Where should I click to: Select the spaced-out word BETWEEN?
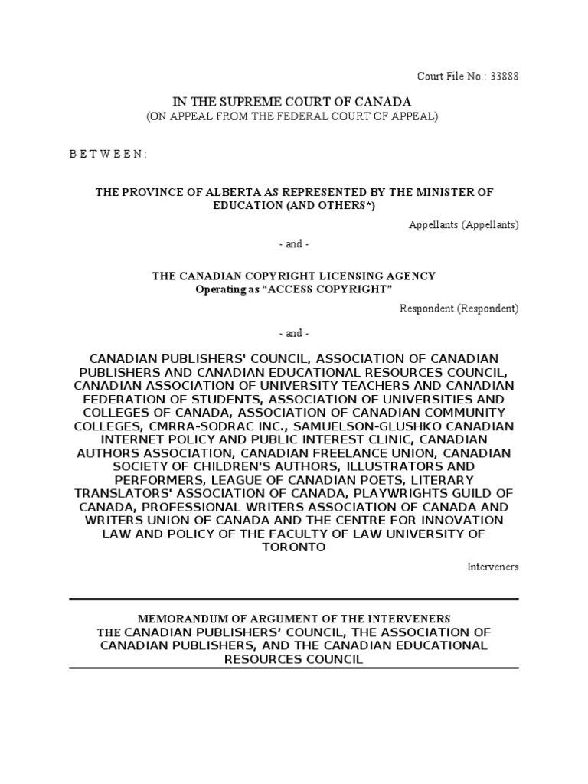click(x=108, y=153)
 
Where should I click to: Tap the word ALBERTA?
click(x=243, y=191)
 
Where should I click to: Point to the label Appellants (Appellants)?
click(x=463, y=224)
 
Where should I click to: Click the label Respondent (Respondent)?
click(x=459, y=309)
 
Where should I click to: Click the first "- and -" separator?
click(x=293, y=243)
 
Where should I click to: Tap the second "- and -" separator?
click(x=293, y=333)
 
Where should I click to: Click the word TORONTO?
click(x=294, y=547)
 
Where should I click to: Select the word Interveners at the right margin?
click(x=493, y=567)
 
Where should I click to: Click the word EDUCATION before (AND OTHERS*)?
click(x=250, y=206)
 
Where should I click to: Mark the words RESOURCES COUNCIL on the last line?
click(x=294, y=659)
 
